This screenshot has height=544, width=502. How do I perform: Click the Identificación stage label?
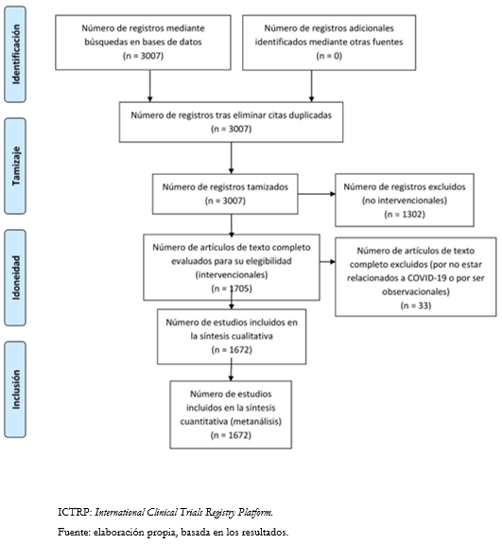point(16,54)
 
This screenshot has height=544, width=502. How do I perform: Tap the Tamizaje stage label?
point(16,166)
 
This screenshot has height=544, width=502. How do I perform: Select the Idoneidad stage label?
point(16,277)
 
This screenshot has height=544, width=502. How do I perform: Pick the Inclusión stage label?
point(16,389)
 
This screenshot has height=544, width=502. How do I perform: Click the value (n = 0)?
point(329,56)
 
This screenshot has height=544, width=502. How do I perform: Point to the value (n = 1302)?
point(405,214)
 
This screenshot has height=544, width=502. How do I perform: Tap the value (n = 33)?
point(416,306)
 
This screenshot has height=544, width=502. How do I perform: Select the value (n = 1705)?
point(232,289)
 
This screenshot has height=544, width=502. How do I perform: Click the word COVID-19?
point(426,278)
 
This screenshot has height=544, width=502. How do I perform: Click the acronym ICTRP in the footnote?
point(74,512)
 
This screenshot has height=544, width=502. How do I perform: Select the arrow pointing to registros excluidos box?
point(317,194)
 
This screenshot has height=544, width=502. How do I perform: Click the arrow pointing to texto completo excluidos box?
point(328,261)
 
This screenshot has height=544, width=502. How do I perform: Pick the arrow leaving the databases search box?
point(149,86)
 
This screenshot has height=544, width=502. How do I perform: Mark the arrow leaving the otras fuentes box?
point(311,86)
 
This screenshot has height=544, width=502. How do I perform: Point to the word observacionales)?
point(416,291)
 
